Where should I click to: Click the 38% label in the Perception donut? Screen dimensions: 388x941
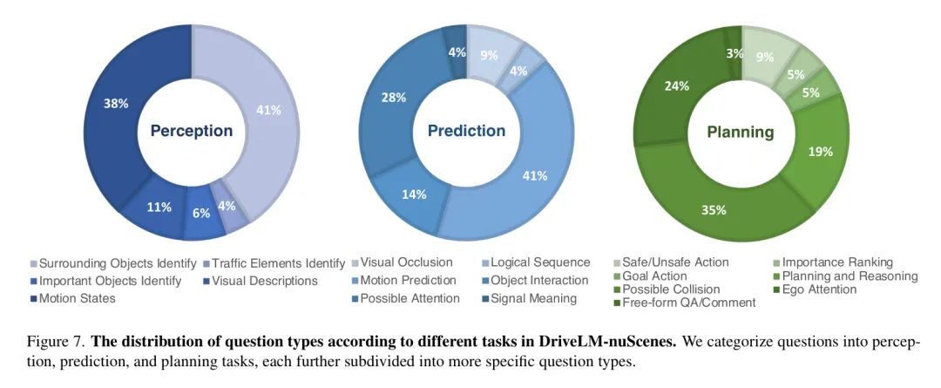[117, 103]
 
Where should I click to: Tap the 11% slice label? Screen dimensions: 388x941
[159, 208]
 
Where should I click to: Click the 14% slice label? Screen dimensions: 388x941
[414, 194]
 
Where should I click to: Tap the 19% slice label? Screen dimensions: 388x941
[820, 151]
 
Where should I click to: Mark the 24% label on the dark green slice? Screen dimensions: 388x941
[677, 85]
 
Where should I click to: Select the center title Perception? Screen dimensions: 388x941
[192, 131]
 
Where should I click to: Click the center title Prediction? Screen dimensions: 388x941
[466, 131]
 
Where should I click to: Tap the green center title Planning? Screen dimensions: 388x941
[740, 132]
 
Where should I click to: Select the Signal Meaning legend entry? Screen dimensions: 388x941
[533, 298]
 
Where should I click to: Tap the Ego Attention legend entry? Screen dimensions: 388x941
[814, 289]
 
